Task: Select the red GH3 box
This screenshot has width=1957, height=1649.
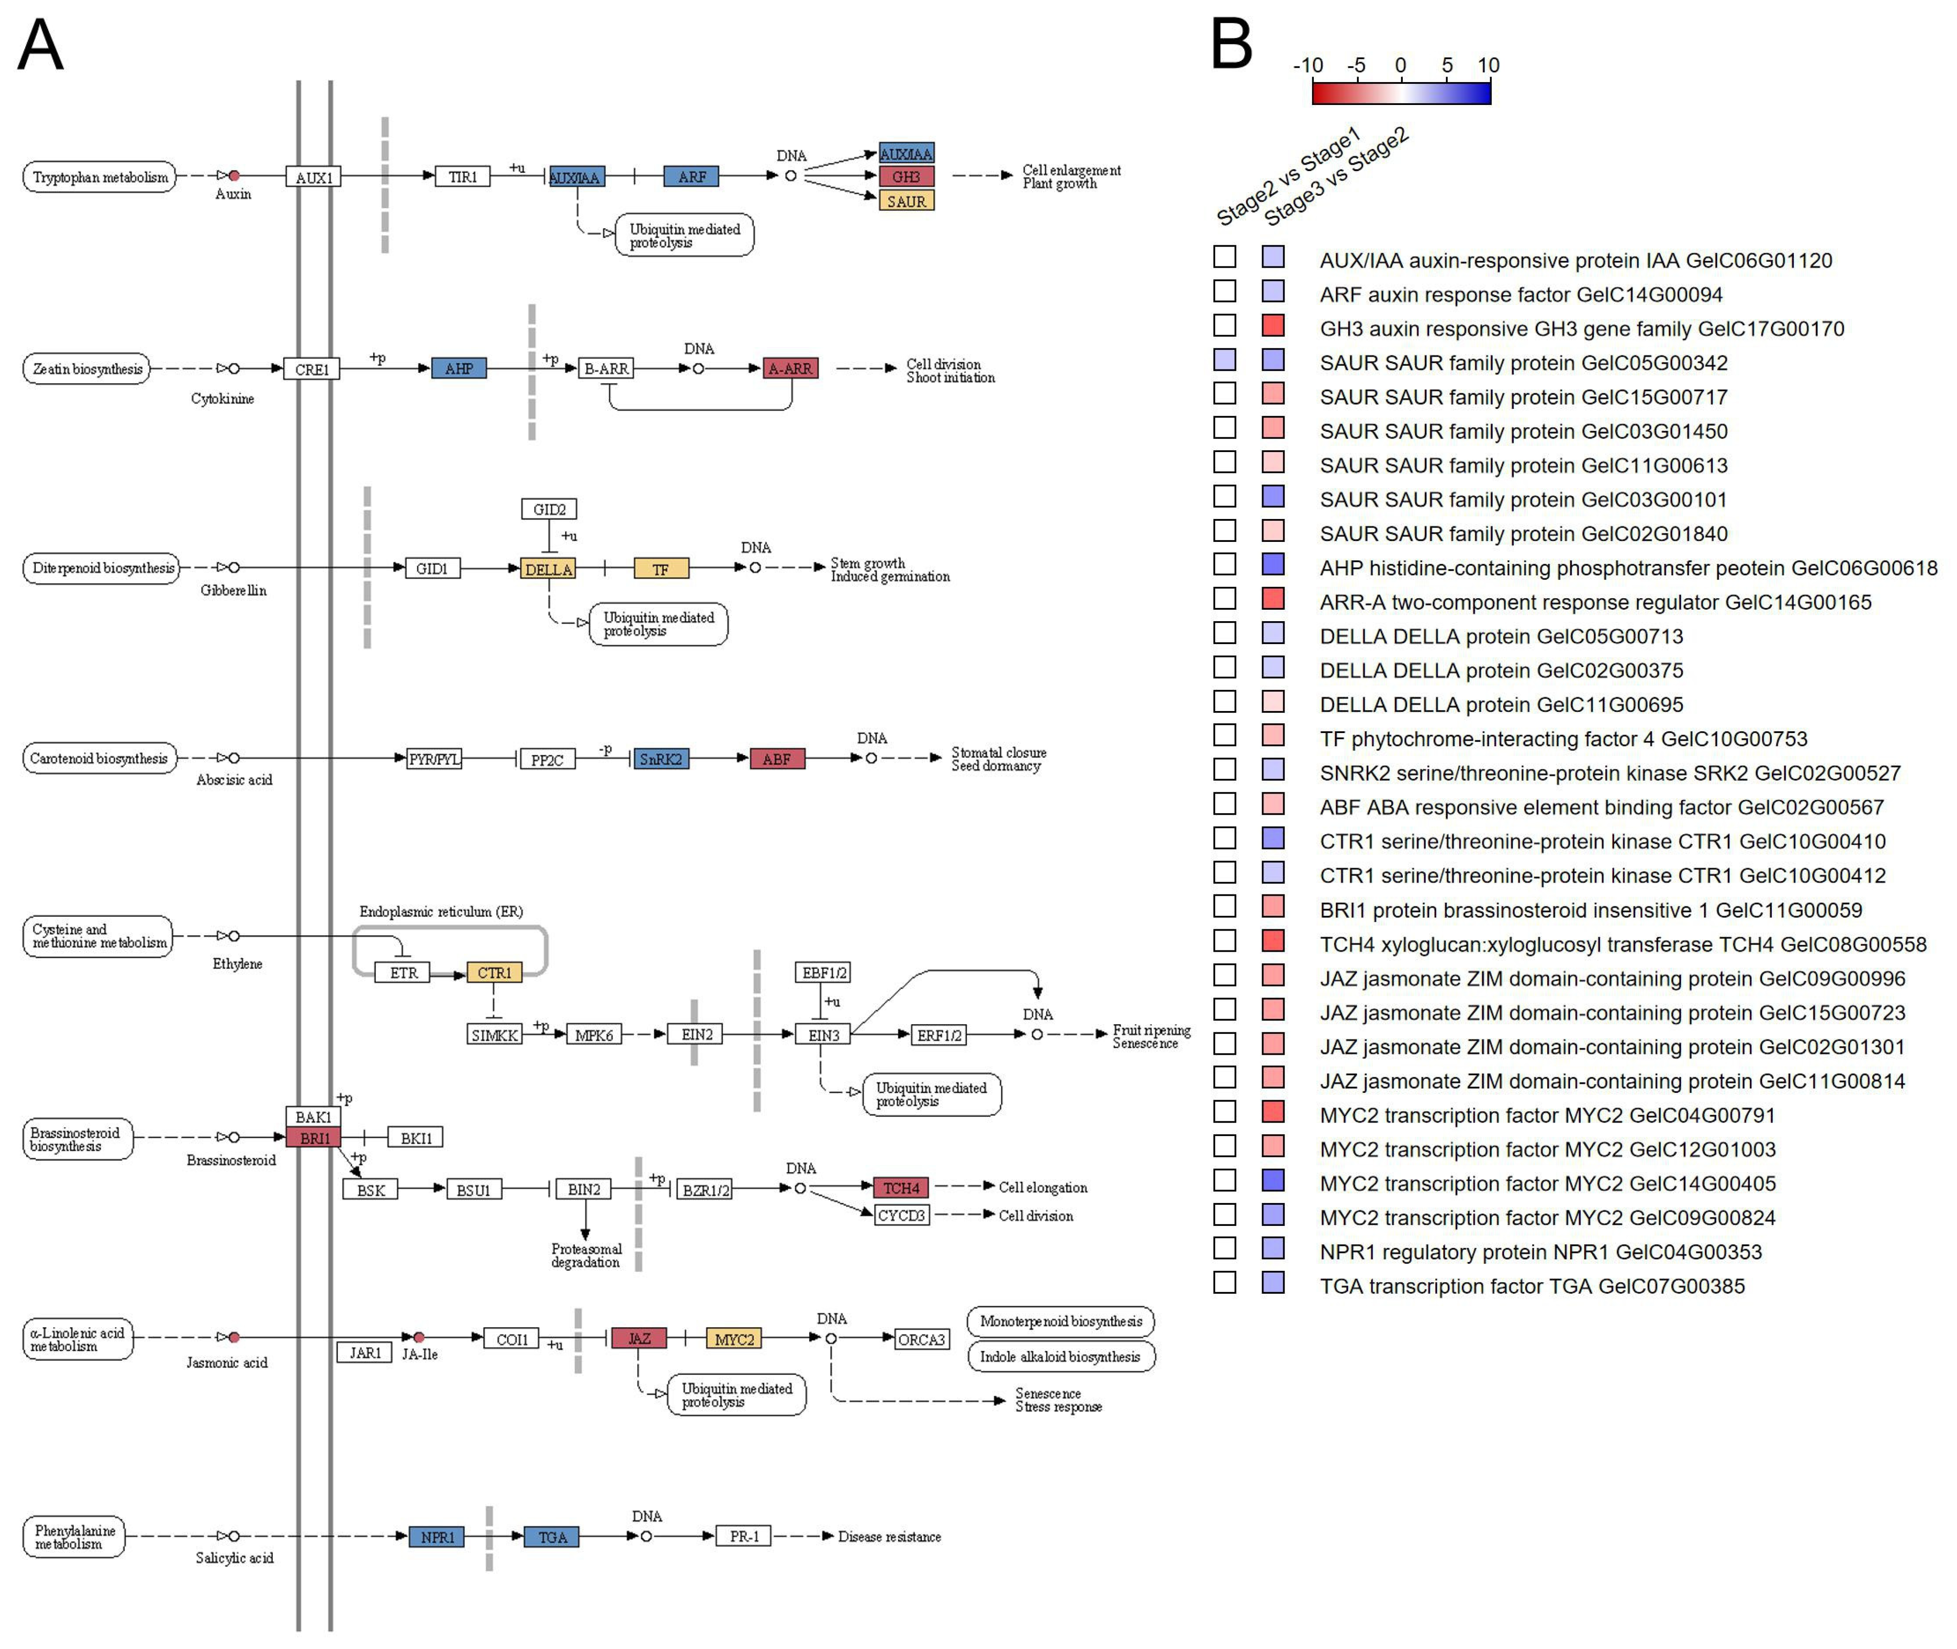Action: coord(905,176)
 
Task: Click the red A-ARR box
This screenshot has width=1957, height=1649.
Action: coord(790,368)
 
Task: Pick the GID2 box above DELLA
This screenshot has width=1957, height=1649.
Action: coord(549,509)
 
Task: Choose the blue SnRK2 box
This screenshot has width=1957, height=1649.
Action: coord(661,759)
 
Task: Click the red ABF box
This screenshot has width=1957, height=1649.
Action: coord(777,759)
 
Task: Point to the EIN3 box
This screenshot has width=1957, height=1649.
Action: coord(823,1035)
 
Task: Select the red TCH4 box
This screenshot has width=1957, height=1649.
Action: coord(901,1188)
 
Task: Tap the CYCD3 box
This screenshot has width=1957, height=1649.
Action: coord(902,1215)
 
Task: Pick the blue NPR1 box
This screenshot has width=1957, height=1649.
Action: coord(436,1537)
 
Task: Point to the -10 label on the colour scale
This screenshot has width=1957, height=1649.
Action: coord(1307,66)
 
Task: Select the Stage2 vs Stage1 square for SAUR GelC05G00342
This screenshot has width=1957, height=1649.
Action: coord(1224,360)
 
